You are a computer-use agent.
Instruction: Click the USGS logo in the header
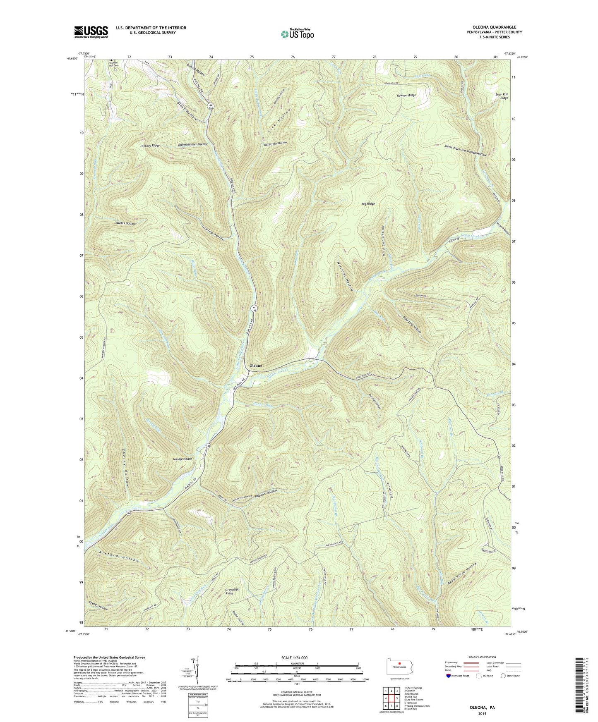(x=91, y=32)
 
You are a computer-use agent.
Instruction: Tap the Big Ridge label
(x=368, y=204)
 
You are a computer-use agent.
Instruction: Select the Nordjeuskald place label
(x=179, y=459)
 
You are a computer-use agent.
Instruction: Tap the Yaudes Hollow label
(x=125, y=223)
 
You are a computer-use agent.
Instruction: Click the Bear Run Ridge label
(x=502, y=96)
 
